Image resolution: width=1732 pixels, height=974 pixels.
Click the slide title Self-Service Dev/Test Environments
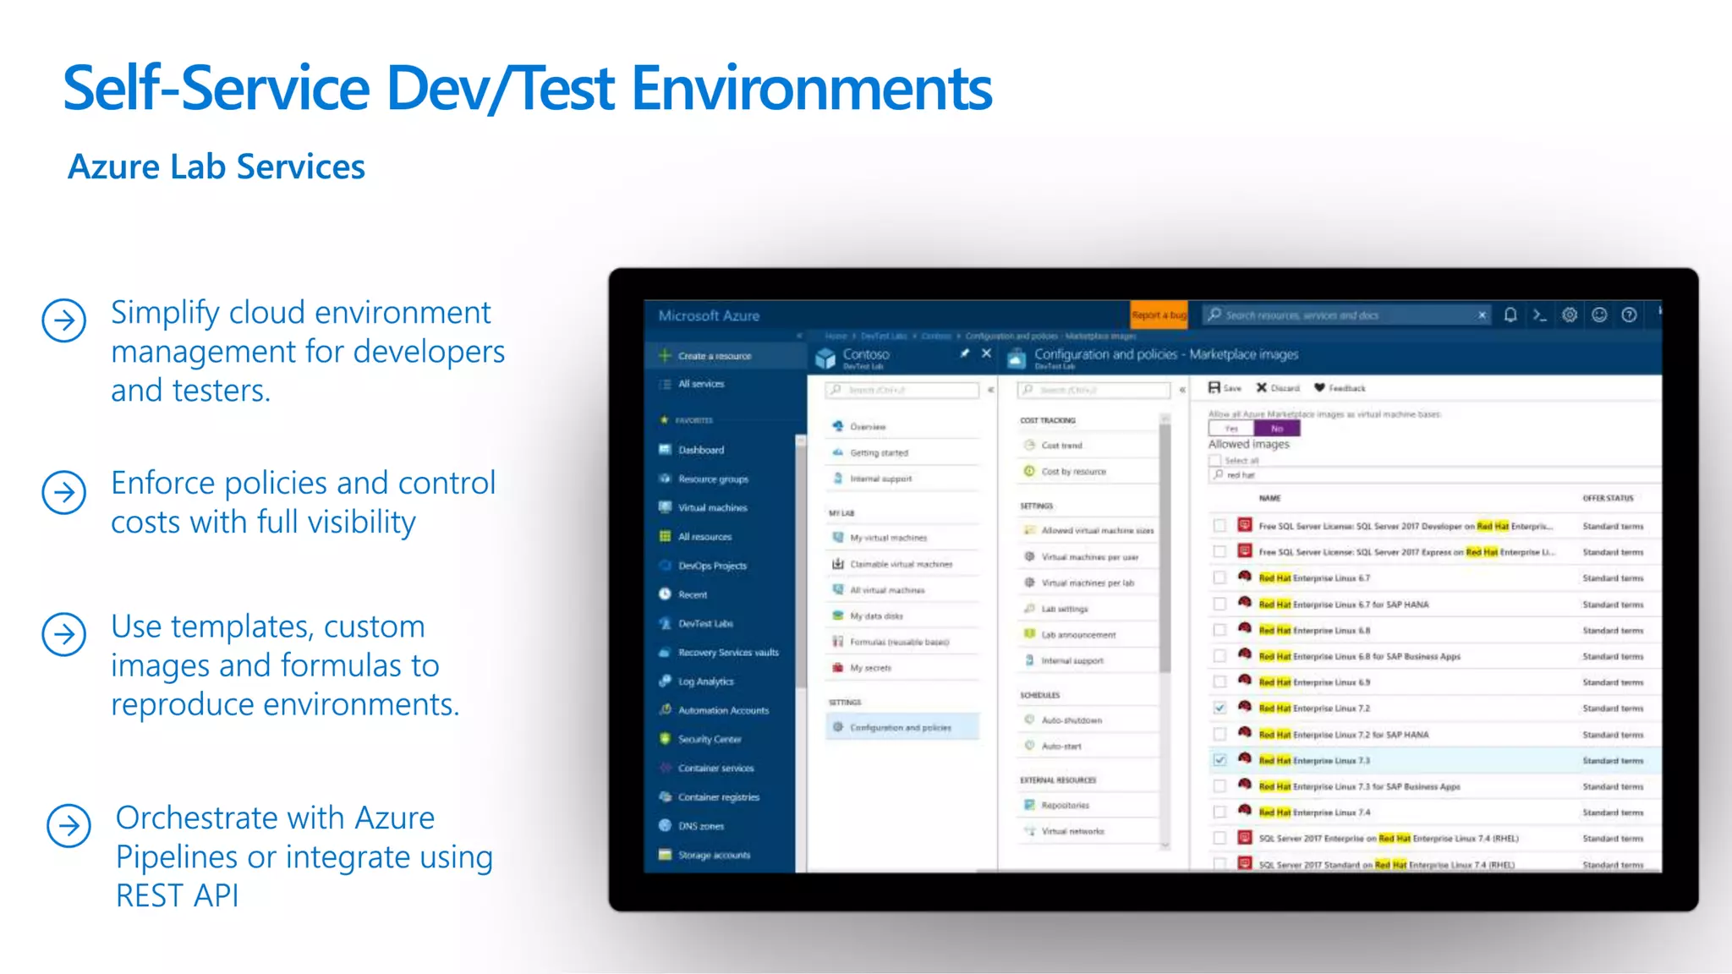pyautogui.click(x=527, y=88)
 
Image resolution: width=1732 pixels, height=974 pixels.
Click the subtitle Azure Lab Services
pyautogui.click(x=216, y=167)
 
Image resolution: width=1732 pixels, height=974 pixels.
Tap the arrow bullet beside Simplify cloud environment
pyautogui.click(x=64, y=320)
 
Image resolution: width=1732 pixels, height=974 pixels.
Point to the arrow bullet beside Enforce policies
pyautogui.click(x=64, y=492)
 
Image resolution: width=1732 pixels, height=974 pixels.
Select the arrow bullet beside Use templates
pyautogui.click(x=64, y=635)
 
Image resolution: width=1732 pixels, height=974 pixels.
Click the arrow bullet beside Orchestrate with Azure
pyautogui.click(x=69, y=826)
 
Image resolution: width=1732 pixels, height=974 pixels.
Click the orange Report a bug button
pyautogui.click(x=1159, y=315)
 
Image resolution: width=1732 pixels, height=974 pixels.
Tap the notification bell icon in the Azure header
pyautogui.click(x=1510, y=315)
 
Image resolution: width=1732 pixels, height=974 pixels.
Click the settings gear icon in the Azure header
pyautogui.click(x=1570, y=315)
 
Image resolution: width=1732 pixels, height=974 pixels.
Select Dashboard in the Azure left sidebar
pyautogui.click(x=700, y=450)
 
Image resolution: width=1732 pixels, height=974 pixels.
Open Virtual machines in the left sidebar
pyautogui.click(x=712, y=507)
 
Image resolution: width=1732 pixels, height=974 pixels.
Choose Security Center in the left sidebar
pyautogui.click(x=709, y=739)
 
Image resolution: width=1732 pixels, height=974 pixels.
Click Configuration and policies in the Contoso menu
pyautogui.click(x=900, y=727)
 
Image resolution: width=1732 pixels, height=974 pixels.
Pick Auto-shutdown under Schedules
pyautogui.click(x=1072, y=720)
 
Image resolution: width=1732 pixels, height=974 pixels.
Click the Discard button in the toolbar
pyautogui.click(x=1278, y=388)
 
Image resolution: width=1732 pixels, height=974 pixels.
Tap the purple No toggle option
pyautogui.click(x=1277, y=429)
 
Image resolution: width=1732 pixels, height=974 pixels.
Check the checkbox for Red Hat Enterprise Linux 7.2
pyautogui.click(x=1220, y=709)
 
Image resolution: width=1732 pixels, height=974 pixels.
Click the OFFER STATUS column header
pyautogui.click(x=1608, y=498)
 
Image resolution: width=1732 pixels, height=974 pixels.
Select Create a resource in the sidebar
pyautogui.click(x=714, y=356)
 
